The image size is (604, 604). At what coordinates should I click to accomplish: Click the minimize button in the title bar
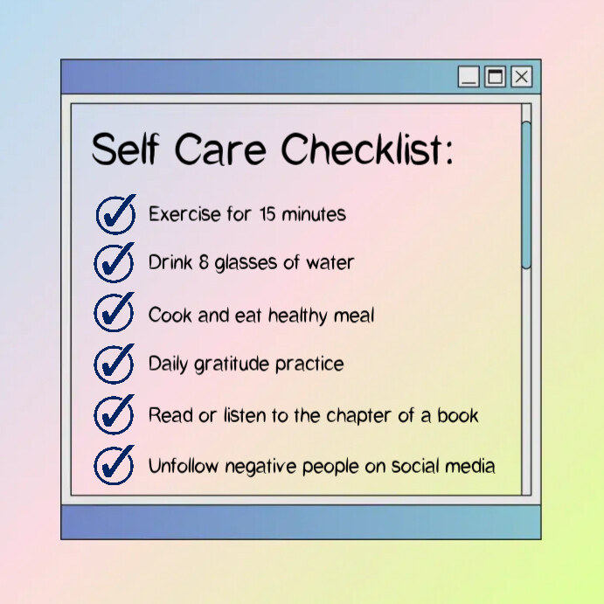click(469, 77)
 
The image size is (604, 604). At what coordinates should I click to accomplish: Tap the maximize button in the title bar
click(496, 77)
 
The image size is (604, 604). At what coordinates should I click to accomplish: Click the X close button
click(522, 77)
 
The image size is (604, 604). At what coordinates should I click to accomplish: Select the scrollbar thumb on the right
click(526, 194)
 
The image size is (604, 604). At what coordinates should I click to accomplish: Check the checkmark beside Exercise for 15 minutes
click(115, 214)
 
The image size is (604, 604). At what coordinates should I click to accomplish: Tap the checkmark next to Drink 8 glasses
click(115, 262)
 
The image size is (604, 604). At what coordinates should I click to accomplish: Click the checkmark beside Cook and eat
click(115, 313)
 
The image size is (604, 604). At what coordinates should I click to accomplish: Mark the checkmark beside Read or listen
click(115, 413)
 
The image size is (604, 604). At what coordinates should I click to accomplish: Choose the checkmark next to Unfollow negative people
click(115, 464)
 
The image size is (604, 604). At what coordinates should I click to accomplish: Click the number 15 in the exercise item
click(268, 214)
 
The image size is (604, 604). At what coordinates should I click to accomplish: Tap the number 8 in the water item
click(204, 262)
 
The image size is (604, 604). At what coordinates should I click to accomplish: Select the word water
click(330, 262)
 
